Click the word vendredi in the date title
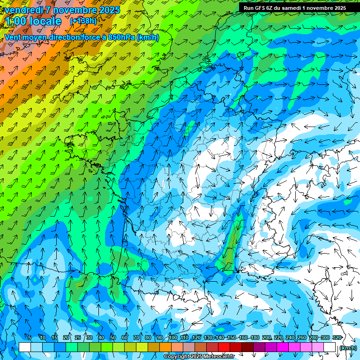point(24,10)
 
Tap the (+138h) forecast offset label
point(83,21)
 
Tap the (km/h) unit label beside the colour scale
point(347,348)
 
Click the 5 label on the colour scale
point(30,337)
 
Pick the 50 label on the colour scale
point(113,337)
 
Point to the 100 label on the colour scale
point(173,337)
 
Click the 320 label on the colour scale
point(337,337)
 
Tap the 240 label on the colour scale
point(290,337)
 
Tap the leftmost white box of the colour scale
point(25,347)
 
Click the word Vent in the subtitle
point(13,37)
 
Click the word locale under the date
point(45,21)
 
